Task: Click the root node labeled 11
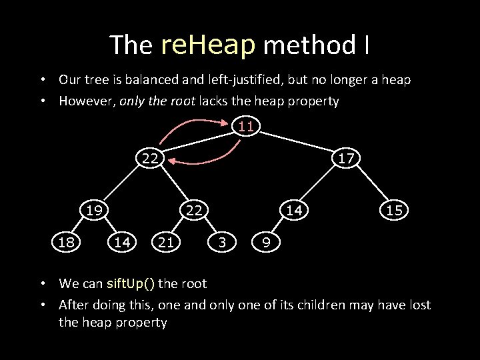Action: [x=246, y=126]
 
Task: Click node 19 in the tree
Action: [x=93, y=210]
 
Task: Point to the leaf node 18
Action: [x=66, y=243]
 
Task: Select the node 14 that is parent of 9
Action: [x=294, y=210]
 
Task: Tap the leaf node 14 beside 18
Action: [x=122, y=243]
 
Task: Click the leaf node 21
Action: [x=166, y=243]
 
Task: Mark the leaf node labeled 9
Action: [x=266, y=243]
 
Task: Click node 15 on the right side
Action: [x=393, y=210]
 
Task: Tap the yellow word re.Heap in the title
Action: [x=208, y=45]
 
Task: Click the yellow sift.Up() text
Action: [x=131, y=283]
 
